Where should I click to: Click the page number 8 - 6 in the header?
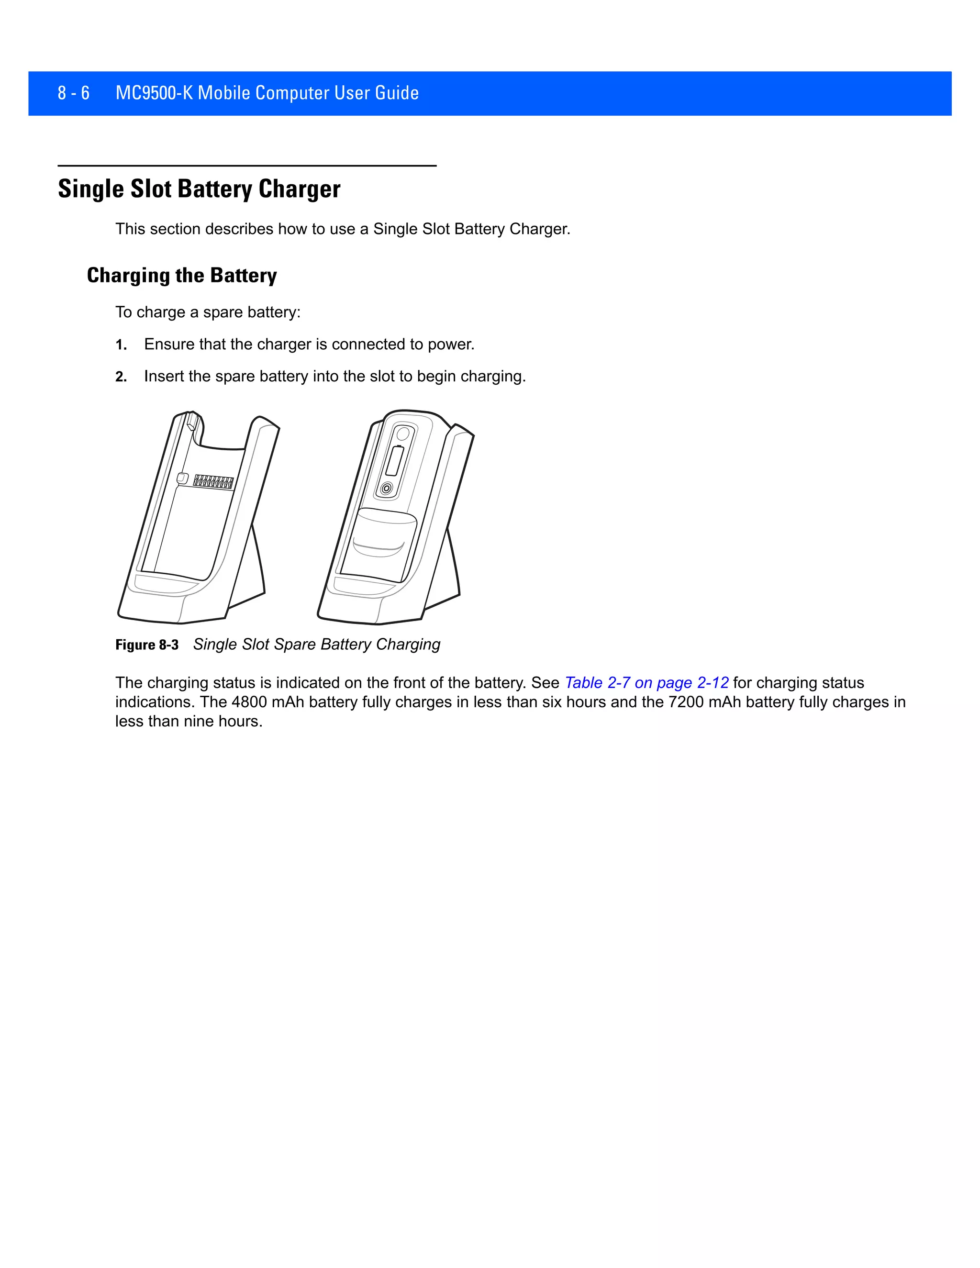pyautogui.click(x=73, y=93)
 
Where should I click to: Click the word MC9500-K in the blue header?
pyautogui.click(x=154, y=93)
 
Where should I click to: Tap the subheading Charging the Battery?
pyautogui.click(x=182, y=275)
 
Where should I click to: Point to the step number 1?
pyautogui.click(x=120, y=345)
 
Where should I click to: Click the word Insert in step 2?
pyautogui.click(x=164, y=377)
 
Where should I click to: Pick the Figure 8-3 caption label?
pyautogui.click(x=147, y=645)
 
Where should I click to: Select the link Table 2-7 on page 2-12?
pyautogui.click(x=646, y=683)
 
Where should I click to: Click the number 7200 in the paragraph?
pyautogui.click(x=686, y=702)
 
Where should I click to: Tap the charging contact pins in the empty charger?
pyautogui.click(x=213, y=482)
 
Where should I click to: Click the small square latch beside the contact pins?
pyautogui.click(x=182, y=478)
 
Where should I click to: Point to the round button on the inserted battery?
pyautogui.click(x=387, y=489)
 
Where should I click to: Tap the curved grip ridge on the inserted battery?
pyautogui.click(x=379, y=547)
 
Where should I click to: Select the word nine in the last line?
pyautogui.click(x=200, y=722)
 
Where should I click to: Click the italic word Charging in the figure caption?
pyautogui.click(x=408, y=645)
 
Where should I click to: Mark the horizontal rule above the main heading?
pyautogui.click(x=247, y=166)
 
